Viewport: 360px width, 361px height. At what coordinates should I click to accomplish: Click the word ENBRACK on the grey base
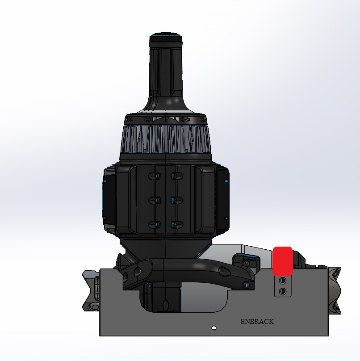257,322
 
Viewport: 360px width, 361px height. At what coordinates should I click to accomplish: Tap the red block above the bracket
282,260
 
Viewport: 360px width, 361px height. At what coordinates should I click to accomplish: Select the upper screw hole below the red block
282,281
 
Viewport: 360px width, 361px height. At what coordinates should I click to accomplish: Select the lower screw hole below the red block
282,291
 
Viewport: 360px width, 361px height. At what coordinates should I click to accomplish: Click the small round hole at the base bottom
214,328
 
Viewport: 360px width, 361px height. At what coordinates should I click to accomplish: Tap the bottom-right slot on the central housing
176,224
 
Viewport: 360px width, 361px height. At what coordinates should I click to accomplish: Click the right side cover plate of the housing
225,197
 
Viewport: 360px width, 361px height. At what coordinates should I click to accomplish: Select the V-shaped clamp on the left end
91,291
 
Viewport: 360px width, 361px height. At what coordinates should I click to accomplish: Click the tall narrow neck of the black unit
166,71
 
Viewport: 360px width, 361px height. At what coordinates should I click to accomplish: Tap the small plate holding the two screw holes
282,286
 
